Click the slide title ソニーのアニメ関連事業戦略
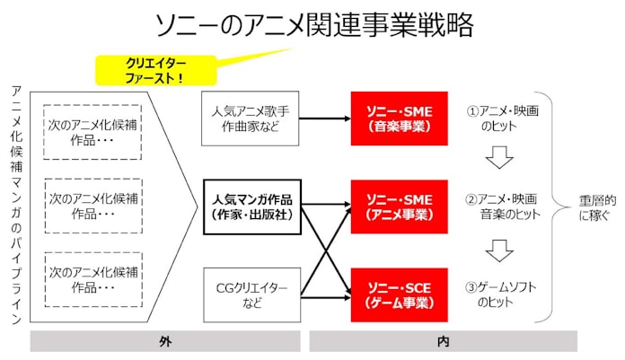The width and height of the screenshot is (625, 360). (313, 24)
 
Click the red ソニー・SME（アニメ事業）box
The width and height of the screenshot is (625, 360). (399, 206)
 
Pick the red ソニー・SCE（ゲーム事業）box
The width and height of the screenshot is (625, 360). (399, 294)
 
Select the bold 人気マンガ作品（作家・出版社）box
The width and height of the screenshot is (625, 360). (251, 206)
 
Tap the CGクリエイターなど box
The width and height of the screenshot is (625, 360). (251, 294)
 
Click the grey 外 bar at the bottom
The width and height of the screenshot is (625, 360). (163, 341)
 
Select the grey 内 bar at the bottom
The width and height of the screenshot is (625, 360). (444, 341)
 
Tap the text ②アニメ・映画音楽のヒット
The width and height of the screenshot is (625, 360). (501, 206)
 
